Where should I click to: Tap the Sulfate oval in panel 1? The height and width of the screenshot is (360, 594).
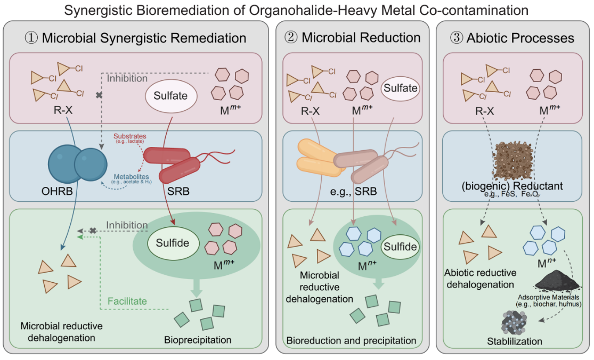[171, 96]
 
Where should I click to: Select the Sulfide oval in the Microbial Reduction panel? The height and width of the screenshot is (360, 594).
[401, 247]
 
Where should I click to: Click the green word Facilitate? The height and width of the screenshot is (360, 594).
[127, 301]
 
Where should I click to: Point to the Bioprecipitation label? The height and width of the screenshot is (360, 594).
[198, 340]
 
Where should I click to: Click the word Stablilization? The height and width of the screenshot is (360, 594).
[515, 341]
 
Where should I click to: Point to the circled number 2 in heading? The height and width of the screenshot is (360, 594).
[291, 38]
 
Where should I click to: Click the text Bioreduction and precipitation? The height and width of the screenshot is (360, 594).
[351, 340]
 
